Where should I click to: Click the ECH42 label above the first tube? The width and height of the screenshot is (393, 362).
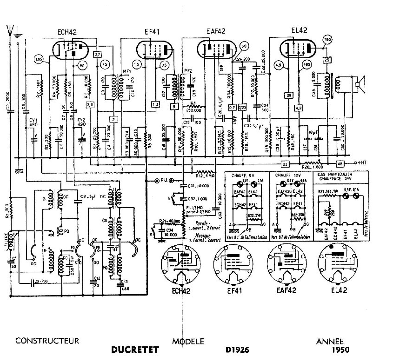click(67, 32)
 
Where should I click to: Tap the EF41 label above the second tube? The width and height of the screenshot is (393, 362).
click(152, 31)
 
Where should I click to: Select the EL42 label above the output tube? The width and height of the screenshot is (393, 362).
click(299, 30)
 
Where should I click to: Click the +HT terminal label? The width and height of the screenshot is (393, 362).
click(361, 163)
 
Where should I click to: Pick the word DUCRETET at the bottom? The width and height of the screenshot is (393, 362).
click(135, 350)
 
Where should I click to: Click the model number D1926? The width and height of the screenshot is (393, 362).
click(237, 350)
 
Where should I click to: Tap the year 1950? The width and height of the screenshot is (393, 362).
click(340, 350)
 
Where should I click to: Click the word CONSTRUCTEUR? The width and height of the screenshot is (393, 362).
click(47, 341)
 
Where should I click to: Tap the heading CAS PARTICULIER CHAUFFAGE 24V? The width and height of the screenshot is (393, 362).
click(335, 176)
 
